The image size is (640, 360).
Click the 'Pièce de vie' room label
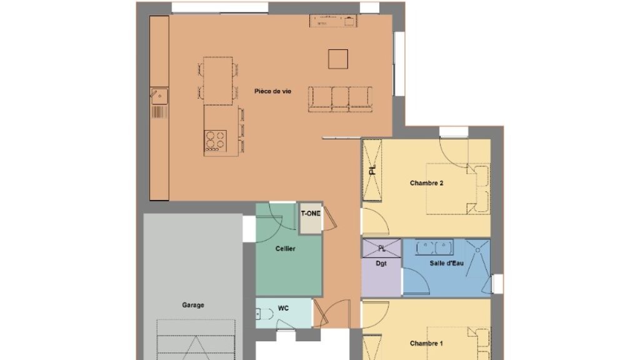point(272,91)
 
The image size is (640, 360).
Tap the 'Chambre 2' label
point(426,183)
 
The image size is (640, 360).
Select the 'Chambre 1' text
point(426,343)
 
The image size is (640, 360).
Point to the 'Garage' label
point(193,305)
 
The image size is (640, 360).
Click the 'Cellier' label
point(285,249)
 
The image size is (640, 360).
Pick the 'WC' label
point(283,308)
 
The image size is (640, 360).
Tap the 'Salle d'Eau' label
point(446,263)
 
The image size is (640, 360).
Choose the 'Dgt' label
point(381,264)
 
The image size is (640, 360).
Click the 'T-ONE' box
point(311,218)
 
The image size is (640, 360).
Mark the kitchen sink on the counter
point(159,96)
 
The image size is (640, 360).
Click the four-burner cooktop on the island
point(216,141)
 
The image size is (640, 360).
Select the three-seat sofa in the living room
point(340,99)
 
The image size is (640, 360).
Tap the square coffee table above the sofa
point(338,59)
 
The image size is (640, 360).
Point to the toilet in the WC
point(264,314)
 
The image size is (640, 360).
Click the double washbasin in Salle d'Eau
point(434,247)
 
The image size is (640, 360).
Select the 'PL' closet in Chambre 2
point(372,170)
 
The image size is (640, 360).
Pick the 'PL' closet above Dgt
point(382,248)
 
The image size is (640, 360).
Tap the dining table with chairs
point(218,81)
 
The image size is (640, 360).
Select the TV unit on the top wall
point(334,21)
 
